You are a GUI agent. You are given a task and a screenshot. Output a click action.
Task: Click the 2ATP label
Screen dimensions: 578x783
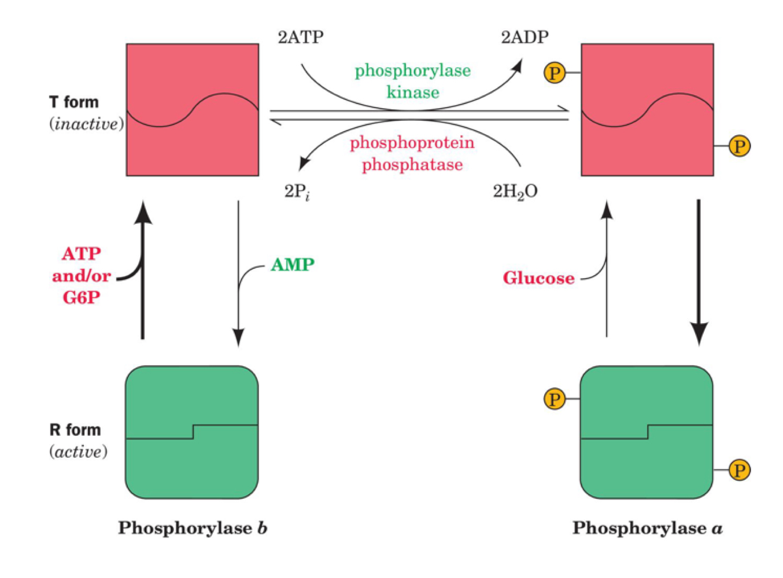click(301, 38)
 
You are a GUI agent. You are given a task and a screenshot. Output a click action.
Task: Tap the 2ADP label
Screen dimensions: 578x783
click(524, 38)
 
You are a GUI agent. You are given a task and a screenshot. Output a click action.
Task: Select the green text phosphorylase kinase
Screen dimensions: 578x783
click(412, 81)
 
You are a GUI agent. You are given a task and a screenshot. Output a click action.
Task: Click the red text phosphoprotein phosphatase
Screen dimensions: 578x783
click(412, 154)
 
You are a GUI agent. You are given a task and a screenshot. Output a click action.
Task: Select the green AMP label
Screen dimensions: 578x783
click(293, 265)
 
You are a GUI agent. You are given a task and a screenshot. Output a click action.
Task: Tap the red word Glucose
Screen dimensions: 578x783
click(538, 279)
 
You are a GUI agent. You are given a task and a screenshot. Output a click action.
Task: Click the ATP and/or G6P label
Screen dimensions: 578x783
click(81, 276)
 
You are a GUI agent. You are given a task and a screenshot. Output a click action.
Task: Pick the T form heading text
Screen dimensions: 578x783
click(74, 102)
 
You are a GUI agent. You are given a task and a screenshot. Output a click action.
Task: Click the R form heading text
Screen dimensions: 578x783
click(75, 430)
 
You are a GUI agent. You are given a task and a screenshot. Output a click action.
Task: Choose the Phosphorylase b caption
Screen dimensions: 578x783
click(193, 528)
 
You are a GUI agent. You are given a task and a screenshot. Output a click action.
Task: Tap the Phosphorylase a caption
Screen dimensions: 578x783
click(647, 528)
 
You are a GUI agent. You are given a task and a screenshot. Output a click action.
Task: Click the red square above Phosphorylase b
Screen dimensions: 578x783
click(193, 110)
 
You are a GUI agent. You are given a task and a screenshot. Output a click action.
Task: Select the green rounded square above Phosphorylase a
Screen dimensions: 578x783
click(647, 432)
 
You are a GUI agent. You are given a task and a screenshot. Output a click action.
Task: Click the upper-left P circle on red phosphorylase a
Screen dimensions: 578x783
click(555, 73)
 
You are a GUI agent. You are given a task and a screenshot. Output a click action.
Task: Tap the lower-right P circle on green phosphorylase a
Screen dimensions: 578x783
click(739, 470)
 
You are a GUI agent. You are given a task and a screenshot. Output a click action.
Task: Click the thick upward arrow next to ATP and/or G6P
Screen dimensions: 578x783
click(143, 272)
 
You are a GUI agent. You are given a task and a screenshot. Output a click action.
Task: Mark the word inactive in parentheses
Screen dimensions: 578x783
click(86, 124)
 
